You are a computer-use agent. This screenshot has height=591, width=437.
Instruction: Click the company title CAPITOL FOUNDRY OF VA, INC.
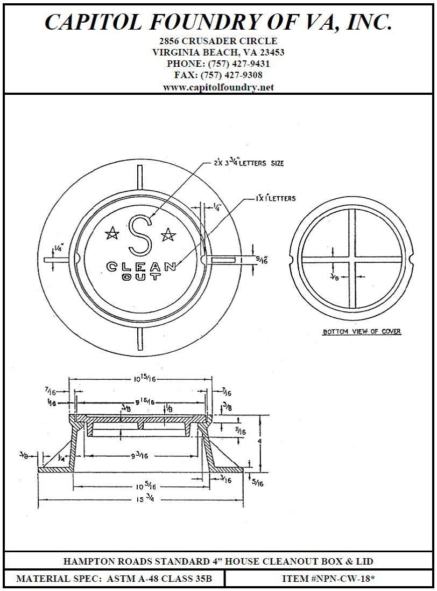218,22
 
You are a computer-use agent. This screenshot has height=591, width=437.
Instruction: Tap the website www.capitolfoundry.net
218,87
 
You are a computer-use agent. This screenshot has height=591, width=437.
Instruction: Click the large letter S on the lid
140,235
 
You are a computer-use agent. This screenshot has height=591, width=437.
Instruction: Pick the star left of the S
112,233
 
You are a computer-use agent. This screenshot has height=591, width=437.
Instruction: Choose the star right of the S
168,234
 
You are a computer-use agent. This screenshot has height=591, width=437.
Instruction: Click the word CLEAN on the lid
141,266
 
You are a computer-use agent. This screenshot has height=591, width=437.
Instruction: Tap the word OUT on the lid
141,277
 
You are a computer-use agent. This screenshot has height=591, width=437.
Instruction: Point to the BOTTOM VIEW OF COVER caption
362,332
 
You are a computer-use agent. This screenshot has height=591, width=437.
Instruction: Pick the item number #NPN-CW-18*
328,579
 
